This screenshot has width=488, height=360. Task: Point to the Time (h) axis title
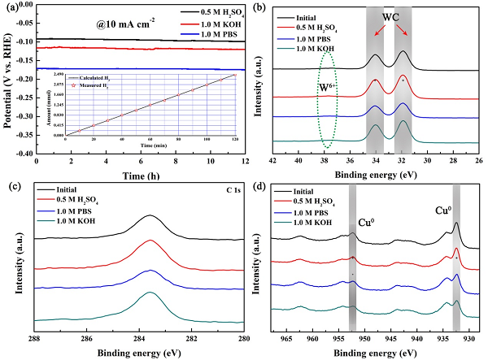134,175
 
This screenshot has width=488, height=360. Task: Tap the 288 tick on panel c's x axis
35,336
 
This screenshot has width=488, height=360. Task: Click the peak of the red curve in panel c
150,241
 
